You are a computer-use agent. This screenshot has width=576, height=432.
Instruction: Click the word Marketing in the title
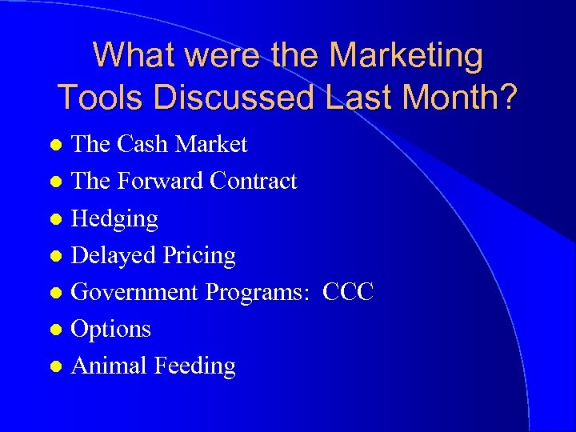406,56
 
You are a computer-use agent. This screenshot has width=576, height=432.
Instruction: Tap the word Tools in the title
101,97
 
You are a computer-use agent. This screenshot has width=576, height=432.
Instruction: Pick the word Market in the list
211,145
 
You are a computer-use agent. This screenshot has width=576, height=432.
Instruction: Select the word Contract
254,182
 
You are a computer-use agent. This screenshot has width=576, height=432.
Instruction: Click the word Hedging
115,218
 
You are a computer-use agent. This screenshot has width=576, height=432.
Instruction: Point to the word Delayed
114,255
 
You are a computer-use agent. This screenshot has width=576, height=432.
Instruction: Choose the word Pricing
199,256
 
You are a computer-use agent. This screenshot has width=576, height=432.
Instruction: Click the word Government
135,292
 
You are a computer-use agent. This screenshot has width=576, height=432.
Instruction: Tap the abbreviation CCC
348,292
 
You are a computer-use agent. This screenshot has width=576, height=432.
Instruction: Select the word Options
111,329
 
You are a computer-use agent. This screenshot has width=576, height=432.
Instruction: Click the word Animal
110,366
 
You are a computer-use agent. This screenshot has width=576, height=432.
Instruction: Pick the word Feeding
195,366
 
